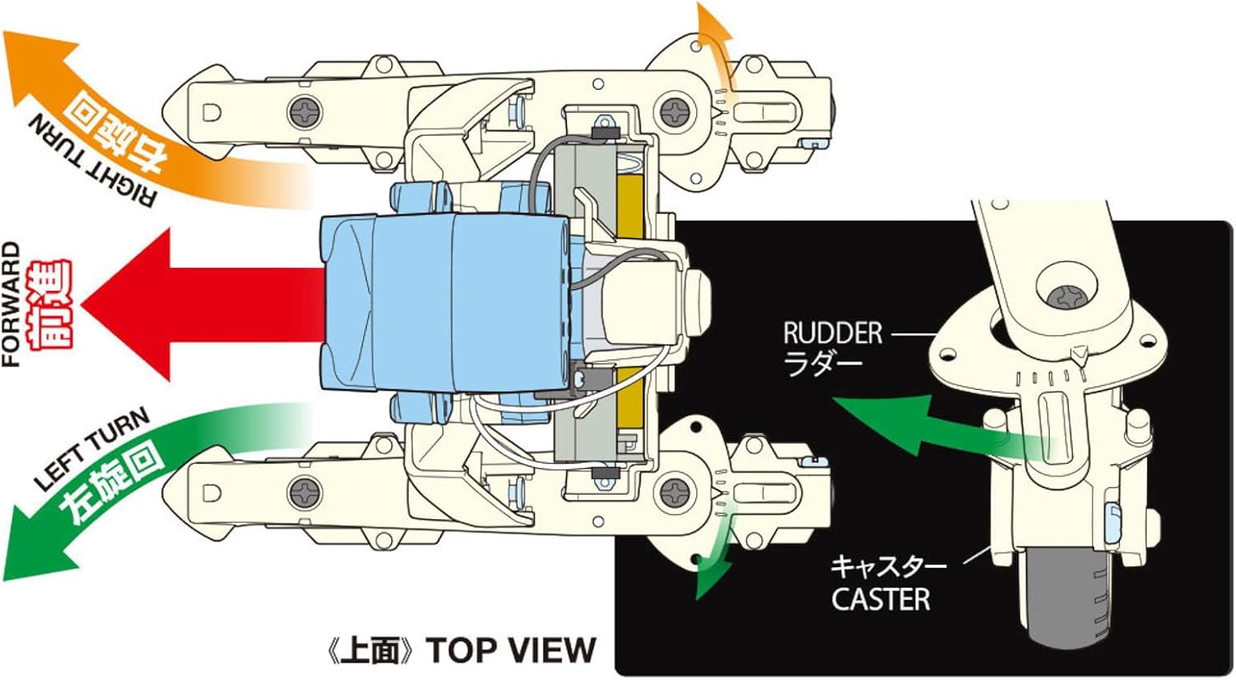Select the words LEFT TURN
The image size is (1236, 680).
[x=91, y=449]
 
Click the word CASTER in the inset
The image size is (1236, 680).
[x=880, y=599]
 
